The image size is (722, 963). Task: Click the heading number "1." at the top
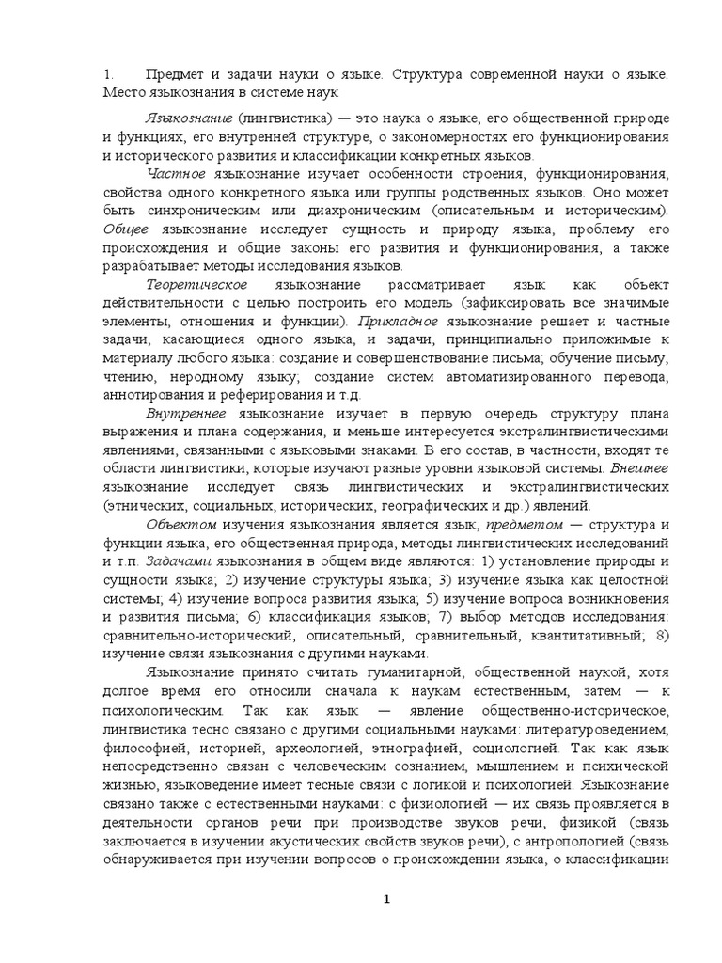pyautogui.click(x=108, y=74)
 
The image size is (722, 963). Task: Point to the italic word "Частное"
pyautogui.click(x=174, y=174)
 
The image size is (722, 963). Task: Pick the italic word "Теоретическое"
pyautogui.click(x=196, y=284)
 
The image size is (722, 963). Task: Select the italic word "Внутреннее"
pyautogui.click(x=185, y=413)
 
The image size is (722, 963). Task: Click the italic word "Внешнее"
pyautogui.click(x=639, y=466)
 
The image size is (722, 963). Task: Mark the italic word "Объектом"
pyautogui.click(x=181, y=523)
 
